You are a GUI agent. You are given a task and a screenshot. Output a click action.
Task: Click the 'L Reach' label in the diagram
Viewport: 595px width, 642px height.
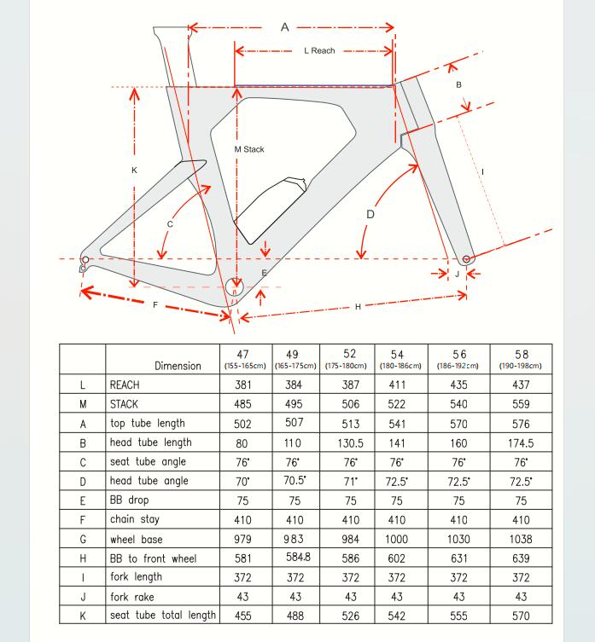[319, 51]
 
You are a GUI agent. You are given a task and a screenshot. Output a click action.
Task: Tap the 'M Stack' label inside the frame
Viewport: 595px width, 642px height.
[249, 149]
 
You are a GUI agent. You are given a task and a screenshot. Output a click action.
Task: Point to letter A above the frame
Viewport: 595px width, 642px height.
[285, 27]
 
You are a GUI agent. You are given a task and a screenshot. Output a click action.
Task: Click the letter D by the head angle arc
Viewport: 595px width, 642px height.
[370, 214]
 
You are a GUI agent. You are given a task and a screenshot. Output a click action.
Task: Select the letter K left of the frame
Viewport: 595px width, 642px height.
[134, 171]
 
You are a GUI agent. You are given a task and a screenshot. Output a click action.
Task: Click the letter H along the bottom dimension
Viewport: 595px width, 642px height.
[358, 306]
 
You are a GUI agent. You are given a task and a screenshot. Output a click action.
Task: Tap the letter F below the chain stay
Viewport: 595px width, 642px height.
[155, 304]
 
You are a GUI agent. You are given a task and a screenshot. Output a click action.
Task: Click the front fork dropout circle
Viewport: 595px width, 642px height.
[466, 258]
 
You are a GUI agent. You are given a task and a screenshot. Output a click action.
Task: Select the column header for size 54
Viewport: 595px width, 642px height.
[397, 358]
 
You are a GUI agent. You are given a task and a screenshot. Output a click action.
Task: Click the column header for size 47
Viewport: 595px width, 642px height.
[243, 358]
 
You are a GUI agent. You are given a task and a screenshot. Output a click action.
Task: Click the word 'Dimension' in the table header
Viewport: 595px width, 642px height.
[178, 366]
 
